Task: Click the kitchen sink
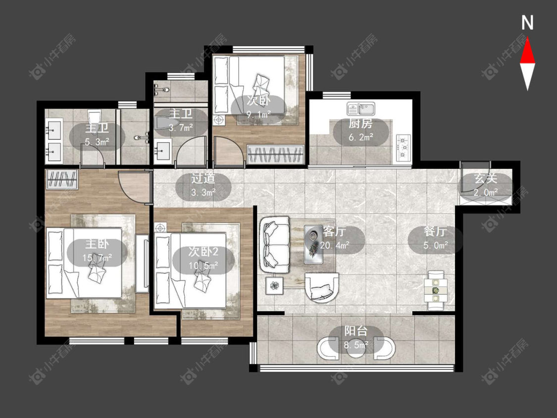(x=361, y=108)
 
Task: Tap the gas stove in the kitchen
(x=404, y=147)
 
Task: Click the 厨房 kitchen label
(x=360, y=124)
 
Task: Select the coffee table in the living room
(x=314, y=244)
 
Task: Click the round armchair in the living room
(x=322, y=288)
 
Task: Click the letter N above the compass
(x=527, y=23)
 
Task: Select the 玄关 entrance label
(x=486, y=178)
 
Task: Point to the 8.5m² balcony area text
(x=356, y=345)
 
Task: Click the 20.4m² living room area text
(x=335, y=245)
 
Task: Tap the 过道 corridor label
(x=203, y=178)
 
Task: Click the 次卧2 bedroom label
(x=203, y=252)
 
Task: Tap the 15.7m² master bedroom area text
(x=98, y=258)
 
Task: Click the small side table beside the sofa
(x=275, y=285)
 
